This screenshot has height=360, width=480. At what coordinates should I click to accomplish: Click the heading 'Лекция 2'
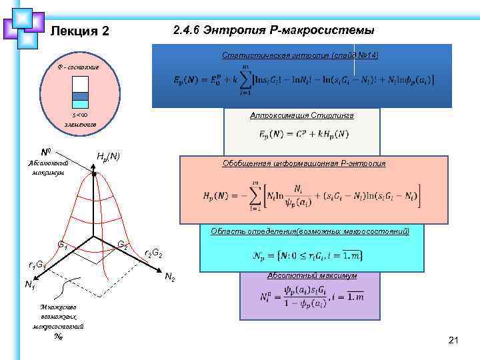pos(79,31)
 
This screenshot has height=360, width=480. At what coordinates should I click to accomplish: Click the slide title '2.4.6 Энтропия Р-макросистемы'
pos(273,31)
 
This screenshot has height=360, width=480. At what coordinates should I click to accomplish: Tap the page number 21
pos(454,341)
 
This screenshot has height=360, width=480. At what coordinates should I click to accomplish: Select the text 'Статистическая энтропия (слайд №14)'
pos(300,55)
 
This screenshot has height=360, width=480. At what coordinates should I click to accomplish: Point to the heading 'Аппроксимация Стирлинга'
pos(301,115)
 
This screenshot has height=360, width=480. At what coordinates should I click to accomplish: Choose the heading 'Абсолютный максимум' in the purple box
pos(303,275)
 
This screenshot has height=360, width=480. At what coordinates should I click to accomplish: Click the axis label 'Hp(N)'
pos(109,157)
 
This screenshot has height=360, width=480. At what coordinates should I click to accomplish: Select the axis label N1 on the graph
pos(30,285)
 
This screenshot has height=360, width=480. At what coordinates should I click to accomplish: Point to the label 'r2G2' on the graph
pos(153,254)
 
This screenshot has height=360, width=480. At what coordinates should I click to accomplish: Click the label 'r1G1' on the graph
pos(32,265)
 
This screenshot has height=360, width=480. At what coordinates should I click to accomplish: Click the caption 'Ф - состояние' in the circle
pos(79,68)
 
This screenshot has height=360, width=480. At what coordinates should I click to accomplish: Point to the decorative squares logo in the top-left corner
pos(24,27)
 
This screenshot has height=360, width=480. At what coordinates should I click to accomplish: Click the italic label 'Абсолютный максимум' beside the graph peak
pos(46,167)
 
